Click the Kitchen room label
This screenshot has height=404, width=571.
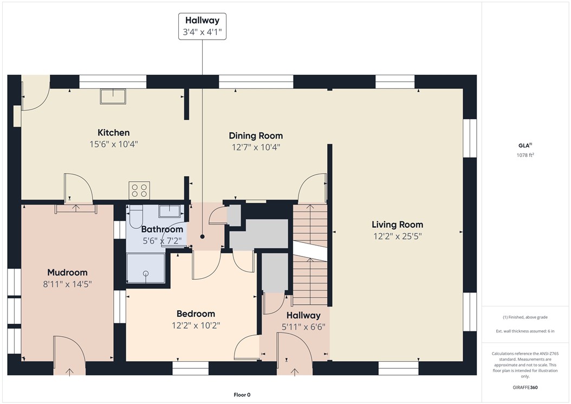click(113, 133)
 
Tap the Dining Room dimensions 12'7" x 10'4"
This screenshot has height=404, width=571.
click(256, 147)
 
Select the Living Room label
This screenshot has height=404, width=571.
click(397, 225)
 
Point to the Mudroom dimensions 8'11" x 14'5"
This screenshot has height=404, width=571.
click(67, 284)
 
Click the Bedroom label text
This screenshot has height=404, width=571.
click(196, 313)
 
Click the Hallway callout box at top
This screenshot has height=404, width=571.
click(202, 26)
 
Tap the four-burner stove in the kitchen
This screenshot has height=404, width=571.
click(139, 190)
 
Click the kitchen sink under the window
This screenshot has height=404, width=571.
click(113, 97)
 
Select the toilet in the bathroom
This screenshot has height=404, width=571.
click(135, 216)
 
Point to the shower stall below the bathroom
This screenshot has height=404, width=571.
click(146, 269)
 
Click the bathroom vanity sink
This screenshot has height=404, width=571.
click(169, 210)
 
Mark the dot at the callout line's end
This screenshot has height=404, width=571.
click(202, 236)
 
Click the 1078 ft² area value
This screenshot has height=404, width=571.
click(525, 155)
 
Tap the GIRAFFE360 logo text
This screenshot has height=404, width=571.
click(525, 388)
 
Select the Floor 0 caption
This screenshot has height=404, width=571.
click(241, 395)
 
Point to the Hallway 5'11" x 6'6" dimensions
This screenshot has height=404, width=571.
click(303, 327)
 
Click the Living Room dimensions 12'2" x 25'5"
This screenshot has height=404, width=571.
click(397, 236)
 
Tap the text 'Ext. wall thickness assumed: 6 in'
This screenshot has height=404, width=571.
click(525, 331)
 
